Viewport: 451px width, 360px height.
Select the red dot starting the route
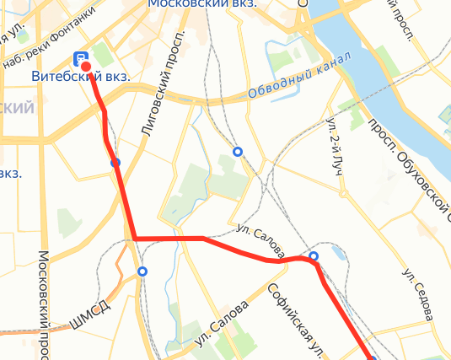[x=85, y=67]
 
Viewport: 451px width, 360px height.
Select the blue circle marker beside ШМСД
[x=142, y=271]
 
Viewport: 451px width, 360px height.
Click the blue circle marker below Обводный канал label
[x=238, y=153]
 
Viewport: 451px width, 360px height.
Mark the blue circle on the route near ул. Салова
[x=314, y=255]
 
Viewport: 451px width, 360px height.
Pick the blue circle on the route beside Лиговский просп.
[x=115, y=162]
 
